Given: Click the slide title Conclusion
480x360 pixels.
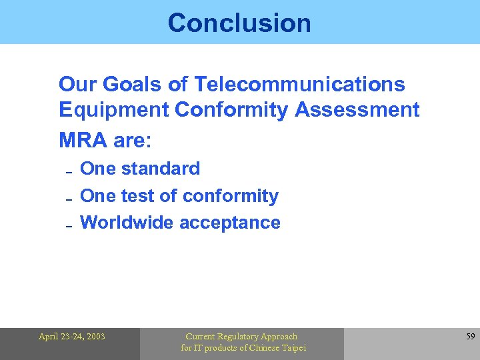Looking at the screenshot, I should [239, 23].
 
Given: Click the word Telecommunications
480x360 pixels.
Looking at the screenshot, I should [299, 85].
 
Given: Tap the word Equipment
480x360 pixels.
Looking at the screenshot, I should [114, 110].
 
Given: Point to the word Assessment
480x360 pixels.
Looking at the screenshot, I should [357, 110].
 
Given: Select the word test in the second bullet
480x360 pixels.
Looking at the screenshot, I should [132, 196].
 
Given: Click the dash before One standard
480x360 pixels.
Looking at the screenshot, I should [69, 172].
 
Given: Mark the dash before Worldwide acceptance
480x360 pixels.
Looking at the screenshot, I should [69, 226].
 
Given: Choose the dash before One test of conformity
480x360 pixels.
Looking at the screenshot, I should [69, 199].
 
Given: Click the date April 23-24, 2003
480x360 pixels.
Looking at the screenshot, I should [71, 337].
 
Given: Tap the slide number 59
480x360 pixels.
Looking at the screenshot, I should [470, 337].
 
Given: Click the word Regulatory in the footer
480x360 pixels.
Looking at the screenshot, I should [239, 337].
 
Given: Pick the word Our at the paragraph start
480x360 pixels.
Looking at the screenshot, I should [73, 85].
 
